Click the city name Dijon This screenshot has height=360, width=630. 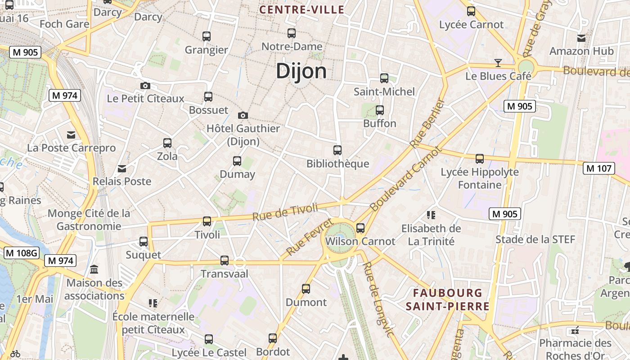301,71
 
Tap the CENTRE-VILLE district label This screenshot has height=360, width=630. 302,9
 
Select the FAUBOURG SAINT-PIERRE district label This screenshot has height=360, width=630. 447,300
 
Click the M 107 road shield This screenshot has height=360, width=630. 598,168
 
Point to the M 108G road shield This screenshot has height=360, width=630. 22,253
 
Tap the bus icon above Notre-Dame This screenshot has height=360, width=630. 292,33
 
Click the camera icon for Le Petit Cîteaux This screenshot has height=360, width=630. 145,85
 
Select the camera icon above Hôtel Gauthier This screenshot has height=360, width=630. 243,116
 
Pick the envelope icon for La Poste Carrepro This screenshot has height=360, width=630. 71,135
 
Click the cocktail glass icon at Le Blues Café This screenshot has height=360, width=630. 498,63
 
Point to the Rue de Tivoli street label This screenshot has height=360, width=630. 285,211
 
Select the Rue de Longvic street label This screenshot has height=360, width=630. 378,299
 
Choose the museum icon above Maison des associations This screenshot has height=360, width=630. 94,270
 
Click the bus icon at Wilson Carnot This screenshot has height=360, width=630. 360,228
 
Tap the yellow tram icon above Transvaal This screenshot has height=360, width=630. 224,260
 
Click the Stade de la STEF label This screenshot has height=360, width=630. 535,239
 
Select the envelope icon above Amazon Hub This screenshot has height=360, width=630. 581,38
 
